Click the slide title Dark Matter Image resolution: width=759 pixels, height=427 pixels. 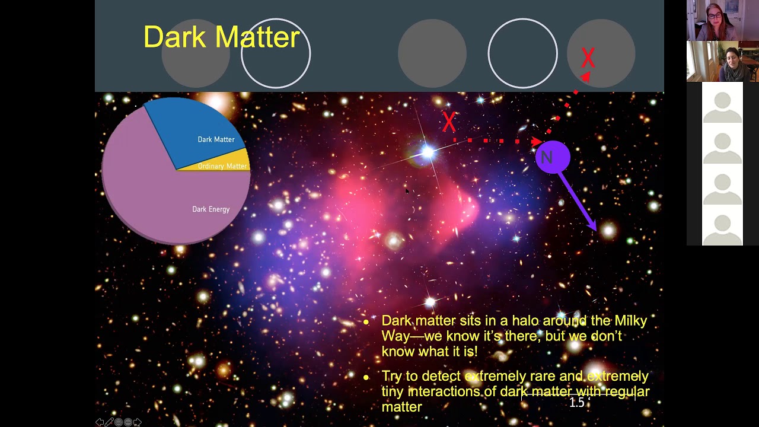(x=221, y=37)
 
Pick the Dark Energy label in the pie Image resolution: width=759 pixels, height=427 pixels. (x=211, y=209)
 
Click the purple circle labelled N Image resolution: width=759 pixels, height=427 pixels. (x=552, y=157)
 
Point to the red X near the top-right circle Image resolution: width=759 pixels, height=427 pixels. (x=588, y=58)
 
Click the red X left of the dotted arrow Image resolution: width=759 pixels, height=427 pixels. (x=449, y=122)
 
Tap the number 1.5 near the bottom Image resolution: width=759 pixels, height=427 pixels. (x=577, y=403)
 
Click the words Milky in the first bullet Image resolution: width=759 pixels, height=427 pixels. (x=631, y=321)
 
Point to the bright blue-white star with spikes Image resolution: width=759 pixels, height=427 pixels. (x=428, y=153)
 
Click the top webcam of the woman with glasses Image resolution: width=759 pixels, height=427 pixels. (x=722, y=21)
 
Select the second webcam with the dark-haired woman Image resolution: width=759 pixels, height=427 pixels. (x=722, y=62)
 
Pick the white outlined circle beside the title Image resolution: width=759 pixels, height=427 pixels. (x=276, y=53)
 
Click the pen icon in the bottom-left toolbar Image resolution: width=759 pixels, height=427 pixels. (x=109, y=422)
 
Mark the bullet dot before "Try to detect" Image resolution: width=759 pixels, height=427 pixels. (x=366, y=377)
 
